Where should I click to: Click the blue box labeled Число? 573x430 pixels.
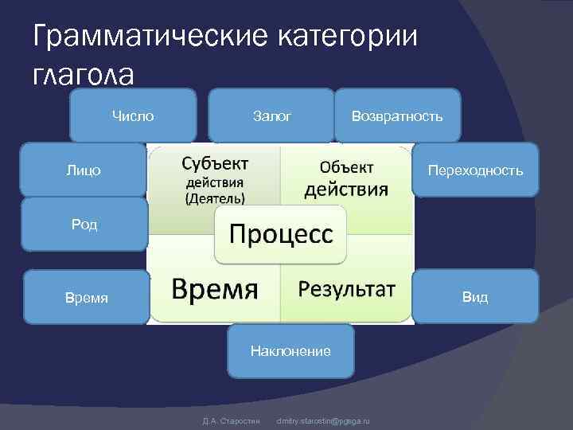coord(133,116)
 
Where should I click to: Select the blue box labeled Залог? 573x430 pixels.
coord(271,116)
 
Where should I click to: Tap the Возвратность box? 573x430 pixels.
coord(397,116)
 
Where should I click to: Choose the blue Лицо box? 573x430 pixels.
coord(84,170)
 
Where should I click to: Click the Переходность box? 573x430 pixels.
coord(475,170)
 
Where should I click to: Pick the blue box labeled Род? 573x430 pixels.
coord(84,225)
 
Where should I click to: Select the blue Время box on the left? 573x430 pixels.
coord(86,298)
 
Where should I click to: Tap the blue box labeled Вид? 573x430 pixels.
coord(475,298)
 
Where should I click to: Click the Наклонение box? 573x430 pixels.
coord(290,350)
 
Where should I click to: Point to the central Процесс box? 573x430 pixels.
coord(282,235)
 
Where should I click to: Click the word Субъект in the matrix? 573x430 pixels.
coord(215,163)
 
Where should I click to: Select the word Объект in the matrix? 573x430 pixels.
coord(347,167)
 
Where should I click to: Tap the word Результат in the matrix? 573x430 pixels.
coord(346,288)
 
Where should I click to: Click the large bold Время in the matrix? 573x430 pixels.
coord(216,288)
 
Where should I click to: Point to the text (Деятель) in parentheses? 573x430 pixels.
coord(215,198)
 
